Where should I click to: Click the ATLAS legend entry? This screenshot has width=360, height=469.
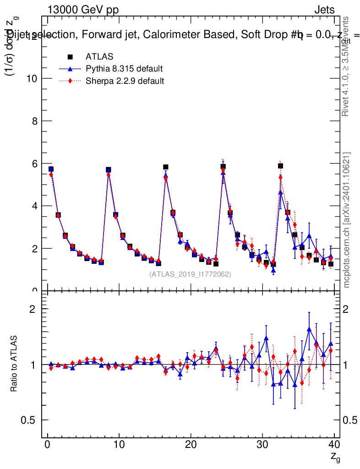pos(99,57)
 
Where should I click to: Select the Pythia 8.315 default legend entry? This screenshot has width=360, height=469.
pos(124,69)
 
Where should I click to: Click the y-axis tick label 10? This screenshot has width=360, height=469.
pos(31,79)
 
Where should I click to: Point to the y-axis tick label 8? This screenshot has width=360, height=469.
pos(34,121)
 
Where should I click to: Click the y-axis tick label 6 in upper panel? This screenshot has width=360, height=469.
pos(34,164)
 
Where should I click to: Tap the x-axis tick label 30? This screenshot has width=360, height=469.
pos(262,444)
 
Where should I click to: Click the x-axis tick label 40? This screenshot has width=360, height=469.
pos(334,444)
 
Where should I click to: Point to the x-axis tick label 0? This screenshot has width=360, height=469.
pos(47,444)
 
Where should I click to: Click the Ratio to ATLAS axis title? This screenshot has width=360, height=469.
pos(14,364)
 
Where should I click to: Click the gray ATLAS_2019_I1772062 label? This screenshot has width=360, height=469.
pos(190,274)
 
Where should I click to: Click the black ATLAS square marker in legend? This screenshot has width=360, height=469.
pos(70,57)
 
